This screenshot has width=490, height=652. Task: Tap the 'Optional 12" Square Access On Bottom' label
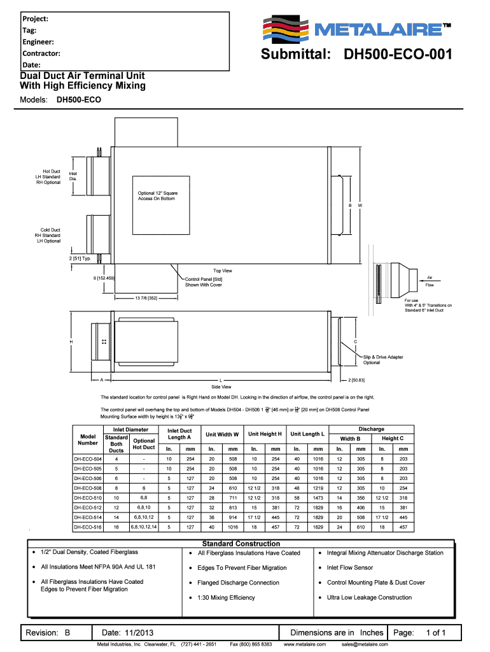(157, 195)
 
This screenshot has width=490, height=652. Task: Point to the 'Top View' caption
(222, 271)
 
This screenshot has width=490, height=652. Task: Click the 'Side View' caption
(221, 386)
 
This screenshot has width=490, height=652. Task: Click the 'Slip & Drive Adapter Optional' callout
(383, 360)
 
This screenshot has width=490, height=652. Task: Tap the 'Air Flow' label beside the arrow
(430, 281)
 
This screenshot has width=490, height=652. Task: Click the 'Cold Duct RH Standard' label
(48, 235)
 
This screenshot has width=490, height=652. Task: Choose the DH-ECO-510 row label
(88, 497)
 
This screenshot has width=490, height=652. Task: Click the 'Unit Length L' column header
(307, 434)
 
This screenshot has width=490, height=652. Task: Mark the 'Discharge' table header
(371, 429)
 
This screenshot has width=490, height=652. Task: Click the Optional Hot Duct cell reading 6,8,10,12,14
(144, 527)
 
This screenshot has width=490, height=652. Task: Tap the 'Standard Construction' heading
(241, 544)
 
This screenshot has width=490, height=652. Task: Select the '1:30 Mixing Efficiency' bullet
(226, 597)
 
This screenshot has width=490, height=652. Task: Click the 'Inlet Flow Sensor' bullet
(349, 567)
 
